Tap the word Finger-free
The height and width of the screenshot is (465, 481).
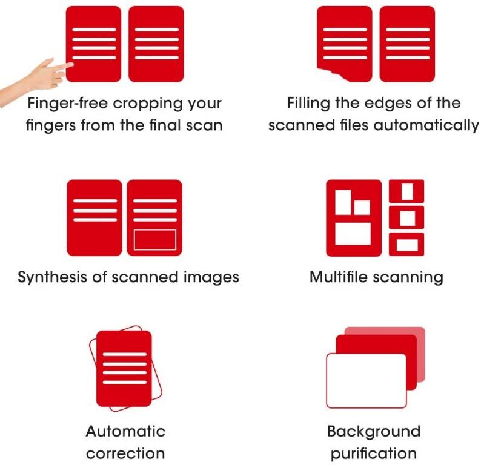(x=68, y=104)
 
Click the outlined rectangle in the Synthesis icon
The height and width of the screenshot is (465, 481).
(x=155, y=240)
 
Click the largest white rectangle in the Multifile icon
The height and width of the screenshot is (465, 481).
(x=353, y=234)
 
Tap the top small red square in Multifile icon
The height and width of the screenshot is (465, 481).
(x=406, y=191)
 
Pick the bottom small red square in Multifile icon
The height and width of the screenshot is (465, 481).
(x=406, y=244)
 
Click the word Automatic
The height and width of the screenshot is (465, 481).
(x=126, y=431)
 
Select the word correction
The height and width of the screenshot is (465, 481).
(x=125, y=453)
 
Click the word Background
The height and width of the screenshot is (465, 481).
(x=374, y=432)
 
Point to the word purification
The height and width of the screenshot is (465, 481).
(x=374, y=454)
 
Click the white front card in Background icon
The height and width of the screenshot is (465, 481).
(x=367, y=381)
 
